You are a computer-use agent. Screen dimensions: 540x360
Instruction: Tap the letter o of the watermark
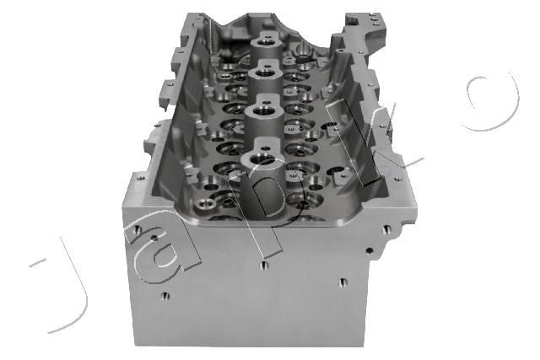point(493,102)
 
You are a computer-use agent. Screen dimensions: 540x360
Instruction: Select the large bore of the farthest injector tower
point(267,43)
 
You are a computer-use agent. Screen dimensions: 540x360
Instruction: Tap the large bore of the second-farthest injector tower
point(265,73)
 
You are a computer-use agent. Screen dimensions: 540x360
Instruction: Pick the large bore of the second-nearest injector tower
point(262,110)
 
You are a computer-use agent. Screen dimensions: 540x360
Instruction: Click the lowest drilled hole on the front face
point(165,296)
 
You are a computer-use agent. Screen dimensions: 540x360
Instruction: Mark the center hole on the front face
point(264,265)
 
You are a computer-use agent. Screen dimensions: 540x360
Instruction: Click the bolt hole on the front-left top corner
point(141,178)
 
